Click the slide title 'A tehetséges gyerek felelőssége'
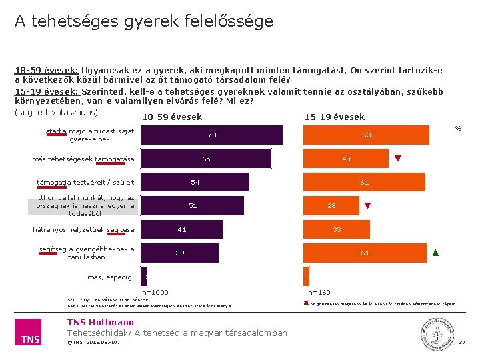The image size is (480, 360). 144,21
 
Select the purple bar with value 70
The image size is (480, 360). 211,135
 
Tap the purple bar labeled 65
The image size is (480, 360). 207,159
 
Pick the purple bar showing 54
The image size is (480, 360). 195,182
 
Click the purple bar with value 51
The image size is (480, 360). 193,205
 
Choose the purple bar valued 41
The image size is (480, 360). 181,229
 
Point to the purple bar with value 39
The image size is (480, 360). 180,253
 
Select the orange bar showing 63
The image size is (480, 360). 366,135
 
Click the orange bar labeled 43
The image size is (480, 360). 346,159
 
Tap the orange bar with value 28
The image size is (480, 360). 331,205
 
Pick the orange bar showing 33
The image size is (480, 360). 337,229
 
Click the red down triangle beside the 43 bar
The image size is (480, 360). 397,159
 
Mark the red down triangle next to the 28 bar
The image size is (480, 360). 367,205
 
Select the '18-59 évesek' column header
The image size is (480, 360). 172,117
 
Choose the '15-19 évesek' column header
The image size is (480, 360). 334,117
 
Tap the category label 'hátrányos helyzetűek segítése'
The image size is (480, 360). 83,230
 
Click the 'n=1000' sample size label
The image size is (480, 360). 155,292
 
